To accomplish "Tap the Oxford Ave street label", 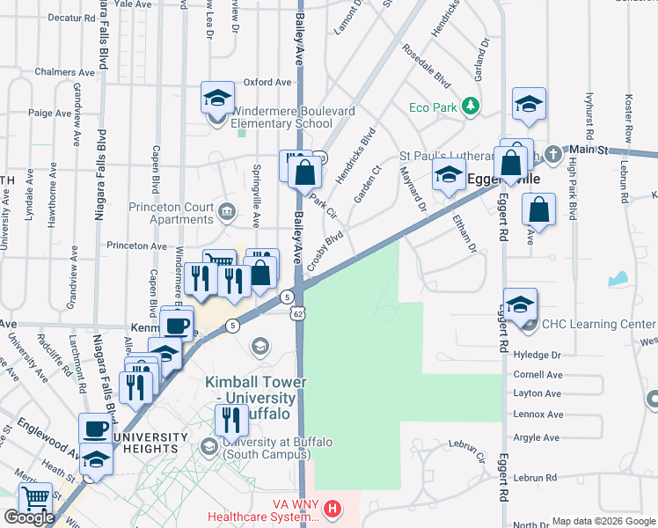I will pyautogui.click(x=267, y=83).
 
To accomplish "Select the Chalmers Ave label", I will pyautogui.click(x=64, y=71).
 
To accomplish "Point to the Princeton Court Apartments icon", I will pyautogui.click(x=228, y=209).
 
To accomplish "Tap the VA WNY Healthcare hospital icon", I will pyautogui.click(x=332, y=509).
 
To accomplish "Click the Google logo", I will pyautogui.click(x=29, y=517).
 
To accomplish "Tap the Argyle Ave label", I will pyautogui.click(x=537, y=436).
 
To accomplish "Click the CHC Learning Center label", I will pyautogui.click(x=599, y=325).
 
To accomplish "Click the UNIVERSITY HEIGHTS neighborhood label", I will pyautogui.click(x=138, y=444).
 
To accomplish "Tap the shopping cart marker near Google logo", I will pyautogui.click(x=35, y=501).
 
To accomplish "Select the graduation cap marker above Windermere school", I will pyautogui.click(x=216, y=100).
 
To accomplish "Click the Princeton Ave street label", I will pyautogui.click(x=136, y=246).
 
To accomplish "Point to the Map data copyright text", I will pyautogui.click(x=603, y=521).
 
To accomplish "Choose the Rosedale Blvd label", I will pyautogui.click(x=427, y=65).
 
